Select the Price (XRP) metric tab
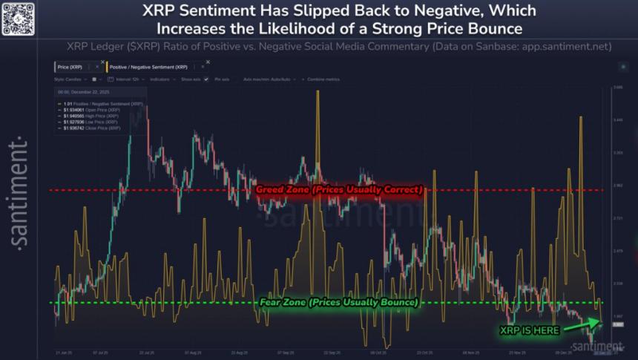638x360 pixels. tap(73, 67)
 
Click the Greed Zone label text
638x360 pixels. tap(339, 190)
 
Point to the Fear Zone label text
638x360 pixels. tap(338, 303)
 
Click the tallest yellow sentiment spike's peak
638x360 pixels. tap(318, 92)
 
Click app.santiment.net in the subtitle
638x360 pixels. tap(565, 46)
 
